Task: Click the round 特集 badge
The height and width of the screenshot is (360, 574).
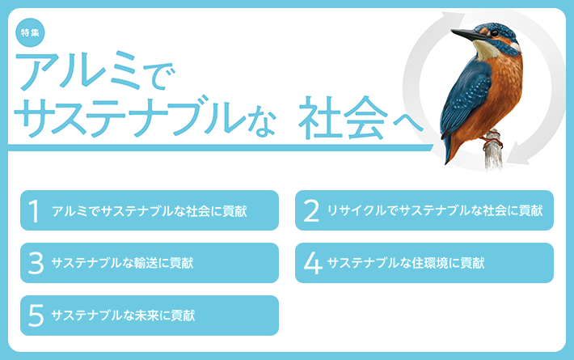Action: click(30, 32)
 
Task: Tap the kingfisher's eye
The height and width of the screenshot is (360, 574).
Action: click(495, 33)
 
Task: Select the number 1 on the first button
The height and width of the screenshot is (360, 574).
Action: click(34, 211)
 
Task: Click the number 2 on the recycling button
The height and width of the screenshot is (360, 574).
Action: click(311, 211)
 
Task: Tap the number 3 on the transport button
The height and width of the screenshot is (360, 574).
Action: click(36, 263)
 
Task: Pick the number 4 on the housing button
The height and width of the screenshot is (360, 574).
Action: click(313, 263)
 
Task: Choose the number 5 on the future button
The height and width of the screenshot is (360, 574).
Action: click(36, 316)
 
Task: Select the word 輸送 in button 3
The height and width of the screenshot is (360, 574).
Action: click(146, 263)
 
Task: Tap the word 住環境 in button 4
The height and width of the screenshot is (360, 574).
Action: click(430, 263)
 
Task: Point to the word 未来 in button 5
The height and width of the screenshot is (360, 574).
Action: click(147, 316)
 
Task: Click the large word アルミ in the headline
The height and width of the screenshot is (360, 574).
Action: click(78, 70)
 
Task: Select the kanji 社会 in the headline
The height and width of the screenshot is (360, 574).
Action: click(343, 118)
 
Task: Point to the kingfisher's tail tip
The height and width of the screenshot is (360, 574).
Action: click(447, 162)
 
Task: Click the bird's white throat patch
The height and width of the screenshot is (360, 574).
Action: click(484, 49)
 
